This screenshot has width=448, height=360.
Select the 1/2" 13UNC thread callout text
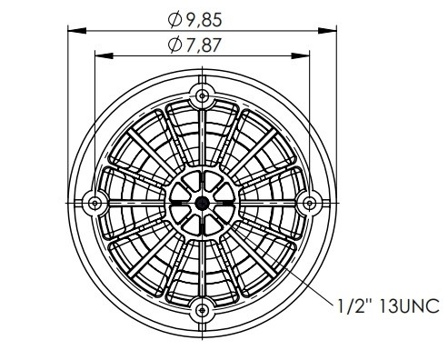point(388,305)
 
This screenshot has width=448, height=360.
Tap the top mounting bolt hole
point(202,96)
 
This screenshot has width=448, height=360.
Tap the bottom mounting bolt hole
point(202,310)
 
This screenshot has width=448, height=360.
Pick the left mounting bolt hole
point(95,203)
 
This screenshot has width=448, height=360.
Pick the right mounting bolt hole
point(309,203)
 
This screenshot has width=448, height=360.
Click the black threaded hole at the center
point(202,203)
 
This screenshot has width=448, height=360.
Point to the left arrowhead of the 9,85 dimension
point(77,31)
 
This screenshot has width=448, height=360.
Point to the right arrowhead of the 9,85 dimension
point(327,31)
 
